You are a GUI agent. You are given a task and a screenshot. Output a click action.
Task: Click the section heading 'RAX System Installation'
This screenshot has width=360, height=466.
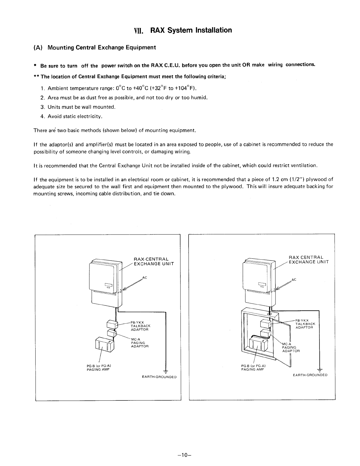191,30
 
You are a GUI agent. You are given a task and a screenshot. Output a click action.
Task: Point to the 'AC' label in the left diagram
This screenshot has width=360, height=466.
144,277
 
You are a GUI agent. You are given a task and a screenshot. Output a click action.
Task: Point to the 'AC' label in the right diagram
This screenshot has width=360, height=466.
294,280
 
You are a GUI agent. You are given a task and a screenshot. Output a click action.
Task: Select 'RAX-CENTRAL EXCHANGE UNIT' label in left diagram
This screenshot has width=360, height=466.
153,261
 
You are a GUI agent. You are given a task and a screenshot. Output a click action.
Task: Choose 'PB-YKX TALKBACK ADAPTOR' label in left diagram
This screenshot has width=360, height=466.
141,326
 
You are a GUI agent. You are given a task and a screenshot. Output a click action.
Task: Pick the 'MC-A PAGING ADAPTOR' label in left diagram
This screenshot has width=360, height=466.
140,343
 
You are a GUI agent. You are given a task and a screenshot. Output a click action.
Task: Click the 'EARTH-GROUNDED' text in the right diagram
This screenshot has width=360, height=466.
310,375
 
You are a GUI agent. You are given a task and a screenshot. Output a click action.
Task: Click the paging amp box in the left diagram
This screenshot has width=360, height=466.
103,344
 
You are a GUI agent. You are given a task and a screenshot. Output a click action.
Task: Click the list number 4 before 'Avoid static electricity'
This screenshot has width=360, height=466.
42,117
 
